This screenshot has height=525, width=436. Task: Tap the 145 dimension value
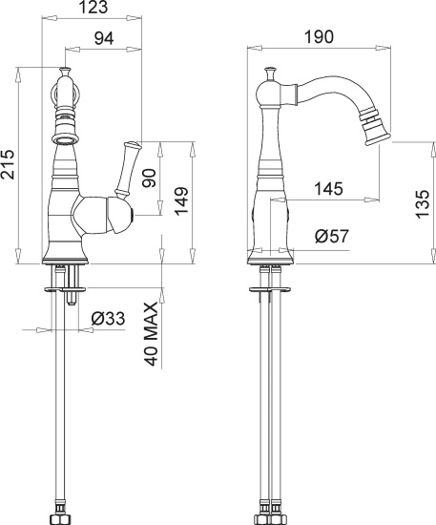[329, 189]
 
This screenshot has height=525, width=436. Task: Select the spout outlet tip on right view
[382, 127]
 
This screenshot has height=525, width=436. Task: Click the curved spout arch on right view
[334, 89]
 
